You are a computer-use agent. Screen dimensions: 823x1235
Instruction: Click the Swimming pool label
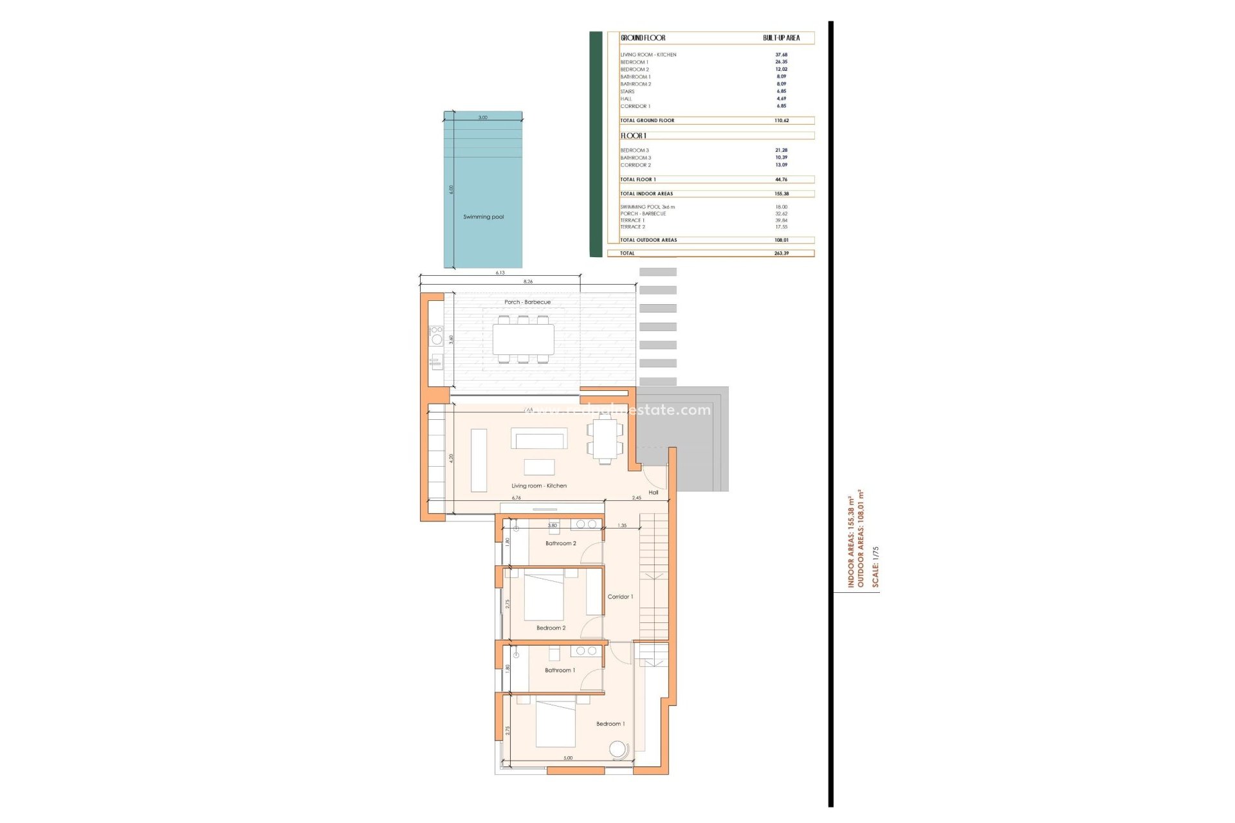483,217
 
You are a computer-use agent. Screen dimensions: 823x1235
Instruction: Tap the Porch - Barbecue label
527,302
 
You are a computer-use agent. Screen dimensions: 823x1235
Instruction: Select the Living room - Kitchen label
539,486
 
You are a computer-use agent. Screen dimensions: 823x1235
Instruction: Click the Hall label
654,493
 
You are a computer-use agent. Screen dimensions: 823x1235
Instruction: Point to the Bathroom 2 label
560,543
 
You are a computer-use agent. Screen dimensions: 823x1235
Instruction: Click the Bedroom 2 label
551,628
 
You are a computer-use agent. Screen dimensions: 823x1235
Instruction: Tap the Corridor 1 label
620,597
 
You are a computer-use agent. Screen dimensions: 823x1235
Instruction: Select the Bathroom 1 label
560,670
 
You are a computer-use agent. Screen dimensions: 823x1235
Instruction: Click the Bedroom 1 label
610,724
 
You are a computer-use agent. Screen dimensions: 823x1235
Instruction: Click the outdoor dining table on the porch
523,339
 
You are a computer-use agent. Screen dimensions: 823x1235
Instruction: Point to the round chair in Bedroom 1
618,750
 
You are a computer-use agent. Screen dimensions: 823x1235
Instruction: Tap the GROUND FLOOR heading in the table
643,38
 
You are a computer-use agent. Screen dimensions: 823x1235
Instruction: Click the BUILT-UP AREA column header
781,38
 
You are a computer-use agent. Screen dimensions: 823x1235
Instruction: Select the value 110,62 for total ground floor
781,120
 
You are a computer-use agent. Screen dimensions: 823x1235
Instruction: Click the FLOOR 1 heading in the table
634,136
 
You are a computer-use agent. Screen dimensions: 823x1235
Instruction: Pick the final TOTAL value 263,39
781,253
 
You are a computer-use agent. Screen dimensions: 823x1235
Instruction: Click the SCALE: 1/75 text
875,566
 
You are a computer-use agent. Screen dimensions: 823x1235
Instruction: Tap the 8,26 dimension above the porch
527,282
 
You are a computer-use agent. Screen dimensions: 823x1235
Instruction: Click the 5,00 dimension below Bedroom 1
567,758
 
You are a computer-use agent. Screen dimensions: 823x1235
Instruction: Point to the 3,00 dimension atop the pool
482,118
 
